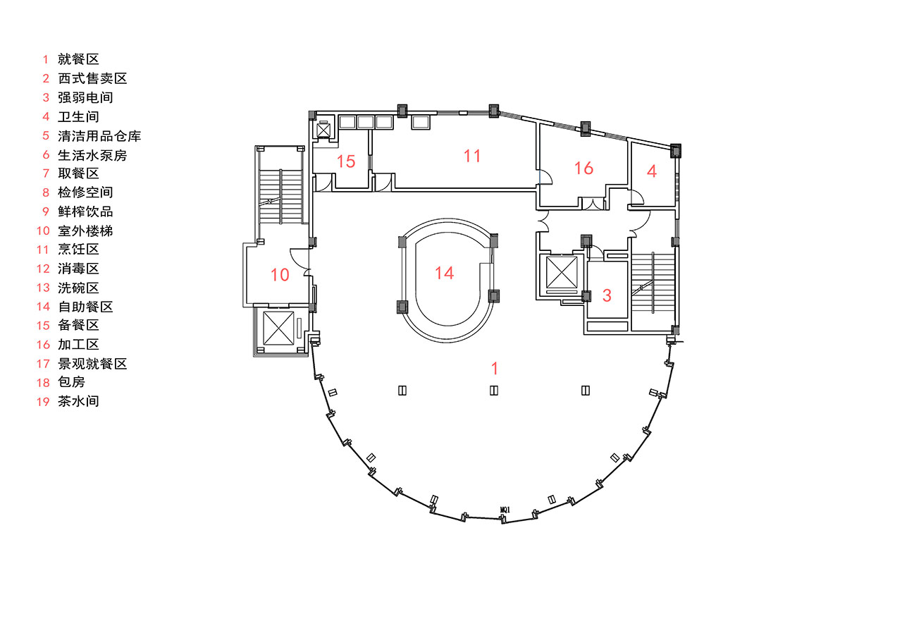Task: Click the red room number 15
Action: pyautogui.click(x=346, y=161)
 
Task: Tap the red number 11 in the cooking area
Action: pyautogui.click(x=472, y=157)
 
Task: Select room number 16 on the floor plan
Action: pyautogui.click(x=583, y=168)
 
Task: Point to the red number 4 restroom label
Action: pyautogui.click(x=652, y=171)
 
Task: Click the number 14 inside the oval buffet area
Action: pyautogui.click(x=444, y=273)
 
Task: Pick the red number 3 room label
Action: pyautogui.click(x=607, y=295)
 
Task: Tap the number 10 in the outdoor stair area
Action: pyautogui.click(x=280, y=275)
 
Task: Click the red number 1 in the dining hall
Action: pyautogui.click(x=495, y=368)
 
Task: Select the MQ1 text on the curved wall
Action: pyautogui.click(x=505, y=510)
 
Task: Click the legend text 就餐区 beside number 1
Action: pyautogui.click(x=78, y=59)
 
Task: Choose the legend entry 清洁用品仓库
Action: pyautogui.click(x=99, y=136)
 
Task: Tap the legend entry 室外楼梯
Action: pyautogui.click(x=85, y=231)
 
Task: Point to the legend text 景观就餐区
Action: pyautogui.click(x=92, y=364)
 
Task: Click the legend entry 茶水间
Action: pyautogui.click(x=78, y=401)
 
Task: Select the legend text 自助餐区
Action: pyautogui.click(x=85, y=307)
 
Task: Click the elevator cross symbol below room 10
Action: pyautogui.click(x=278, y=328)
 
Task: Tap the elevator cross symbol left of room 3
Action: pyautogui.click(x=562, y=272)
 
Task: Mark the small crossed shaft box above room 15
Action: pyautogui.click(x=323, y=130)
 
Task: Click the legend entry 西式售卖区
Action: pyautogui.click(x=92, y=78)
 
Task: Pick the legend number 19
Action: pyautogui.click(x=43, y=402)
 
